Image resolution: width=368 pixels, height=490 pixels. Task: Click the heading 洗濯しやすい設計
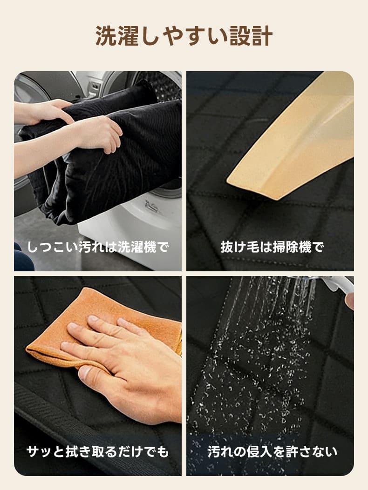tap(184, 36)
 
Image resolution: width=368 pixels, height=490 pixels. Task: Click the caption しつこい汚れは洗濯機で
tap(97, 247)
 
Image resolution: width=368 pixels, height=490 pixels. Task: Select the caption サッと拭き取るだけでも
tap(97, 451)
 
